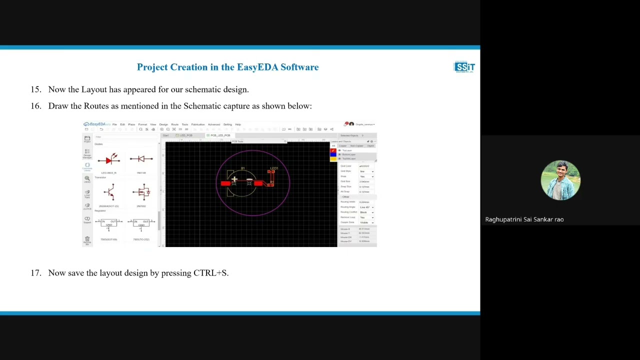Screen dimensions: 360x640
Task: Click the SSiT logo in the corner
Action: point(464,67)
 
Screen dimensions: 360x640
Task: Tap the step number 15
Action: point(35,89)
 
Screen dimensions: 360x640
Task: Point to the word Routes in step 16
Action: point(96,106)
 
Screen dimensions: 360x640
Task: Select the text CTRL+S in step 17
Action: point(210,273)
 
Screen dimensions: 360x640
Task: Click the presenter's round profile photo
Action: point(560,180)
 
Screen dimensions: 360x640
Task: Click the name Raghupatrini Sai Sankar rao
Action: point(524,219)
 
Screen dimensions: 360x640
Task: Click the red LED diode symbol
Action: point(109,160)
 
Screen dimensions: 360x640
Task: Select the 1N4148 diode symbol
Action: point(141,159)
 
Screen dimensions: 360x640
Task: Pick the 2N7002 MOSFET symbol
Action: point(141,192)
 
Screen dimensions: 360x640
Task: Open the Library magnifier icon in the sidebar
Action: point(87,178)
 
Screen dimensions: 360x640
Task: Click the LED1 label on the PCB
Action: point(274,168)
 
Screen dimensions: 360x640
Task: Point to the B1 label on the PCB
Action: point(243,168)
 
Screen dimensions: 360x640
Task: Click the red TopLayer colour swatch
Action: point(333,150)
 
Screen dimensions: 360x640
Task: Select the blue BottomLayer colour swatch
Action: point(333,154)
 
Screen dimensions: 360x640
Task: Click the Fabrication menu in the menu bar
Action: point(198,124)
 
